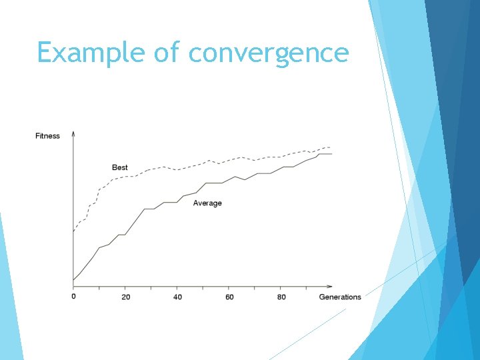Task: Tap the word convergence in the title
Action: pos(269,53)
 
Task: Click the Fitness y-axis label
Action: pos(47,136)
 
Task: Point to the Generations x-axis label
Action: pos(340,297)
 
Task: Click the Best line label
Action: pos(120,167)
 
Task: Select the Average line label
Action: pos(207,203)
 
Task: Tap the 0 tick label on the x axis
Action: pos(73,297)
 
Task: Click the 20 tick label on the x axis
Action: pos(125,297)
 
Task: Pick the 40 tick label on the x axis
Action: pos(177,297)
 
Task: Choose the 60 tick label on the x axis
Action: pos(229,297)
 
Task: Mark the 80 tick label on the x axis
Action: pos(281,297)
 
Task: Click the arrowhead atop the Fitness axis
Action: pos(73,133)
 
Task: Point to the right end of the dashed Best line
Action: pos(330,147)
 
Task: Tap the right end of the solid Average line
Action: pos(331,154)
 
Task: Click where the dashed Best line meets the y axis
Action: pos(73,231)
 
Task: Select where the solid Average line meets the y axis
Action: pos(73,280)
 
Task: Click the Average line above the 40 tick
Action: pos(177,201)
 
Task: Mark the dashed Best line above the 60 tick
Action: pos(229,160)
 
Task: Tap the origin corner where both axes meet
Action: pos(73,287)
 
